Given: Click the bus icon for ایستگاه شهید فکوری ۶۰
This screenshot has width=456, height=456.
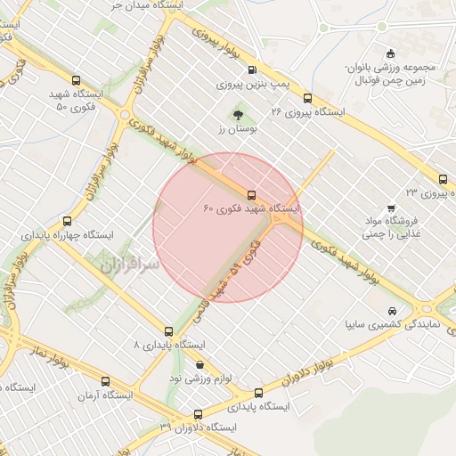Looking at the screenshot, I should pyautogui.click(x=250, y=193).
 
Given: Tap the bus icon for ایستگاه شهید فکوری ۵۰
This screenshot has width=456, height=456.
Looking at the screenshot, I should pyautogui.click(x=75, y=79).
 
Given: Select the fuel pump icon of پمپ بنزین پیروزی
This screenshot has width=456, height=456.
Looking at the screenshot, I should pyautogui.click(x=251, y=70).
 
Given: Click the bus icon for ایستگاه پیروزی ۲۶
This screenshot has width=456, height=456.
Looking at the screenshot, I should pyautogui.click(x=307, y=98).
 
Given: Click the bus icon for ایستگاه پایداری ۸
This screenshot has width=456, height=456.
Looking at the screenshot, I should pyautogui.click(x=169, y=330).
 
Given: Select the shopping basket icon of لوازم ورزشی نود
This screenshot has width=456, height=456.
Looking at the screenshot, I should pyautogui.click(x=199, y=364).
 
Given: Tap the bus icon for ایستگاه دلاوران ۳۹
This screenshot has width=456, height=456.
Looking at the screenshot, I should pyautogui.click(x=198, y=413).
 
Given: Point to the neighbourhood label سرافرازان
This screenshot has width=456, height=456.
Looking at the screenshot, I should pyautogui.click(x=127, y=265).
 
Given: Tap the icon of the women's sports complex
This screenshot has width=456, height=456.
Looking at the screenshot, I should pyautogui.click(x=390, y=53).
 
